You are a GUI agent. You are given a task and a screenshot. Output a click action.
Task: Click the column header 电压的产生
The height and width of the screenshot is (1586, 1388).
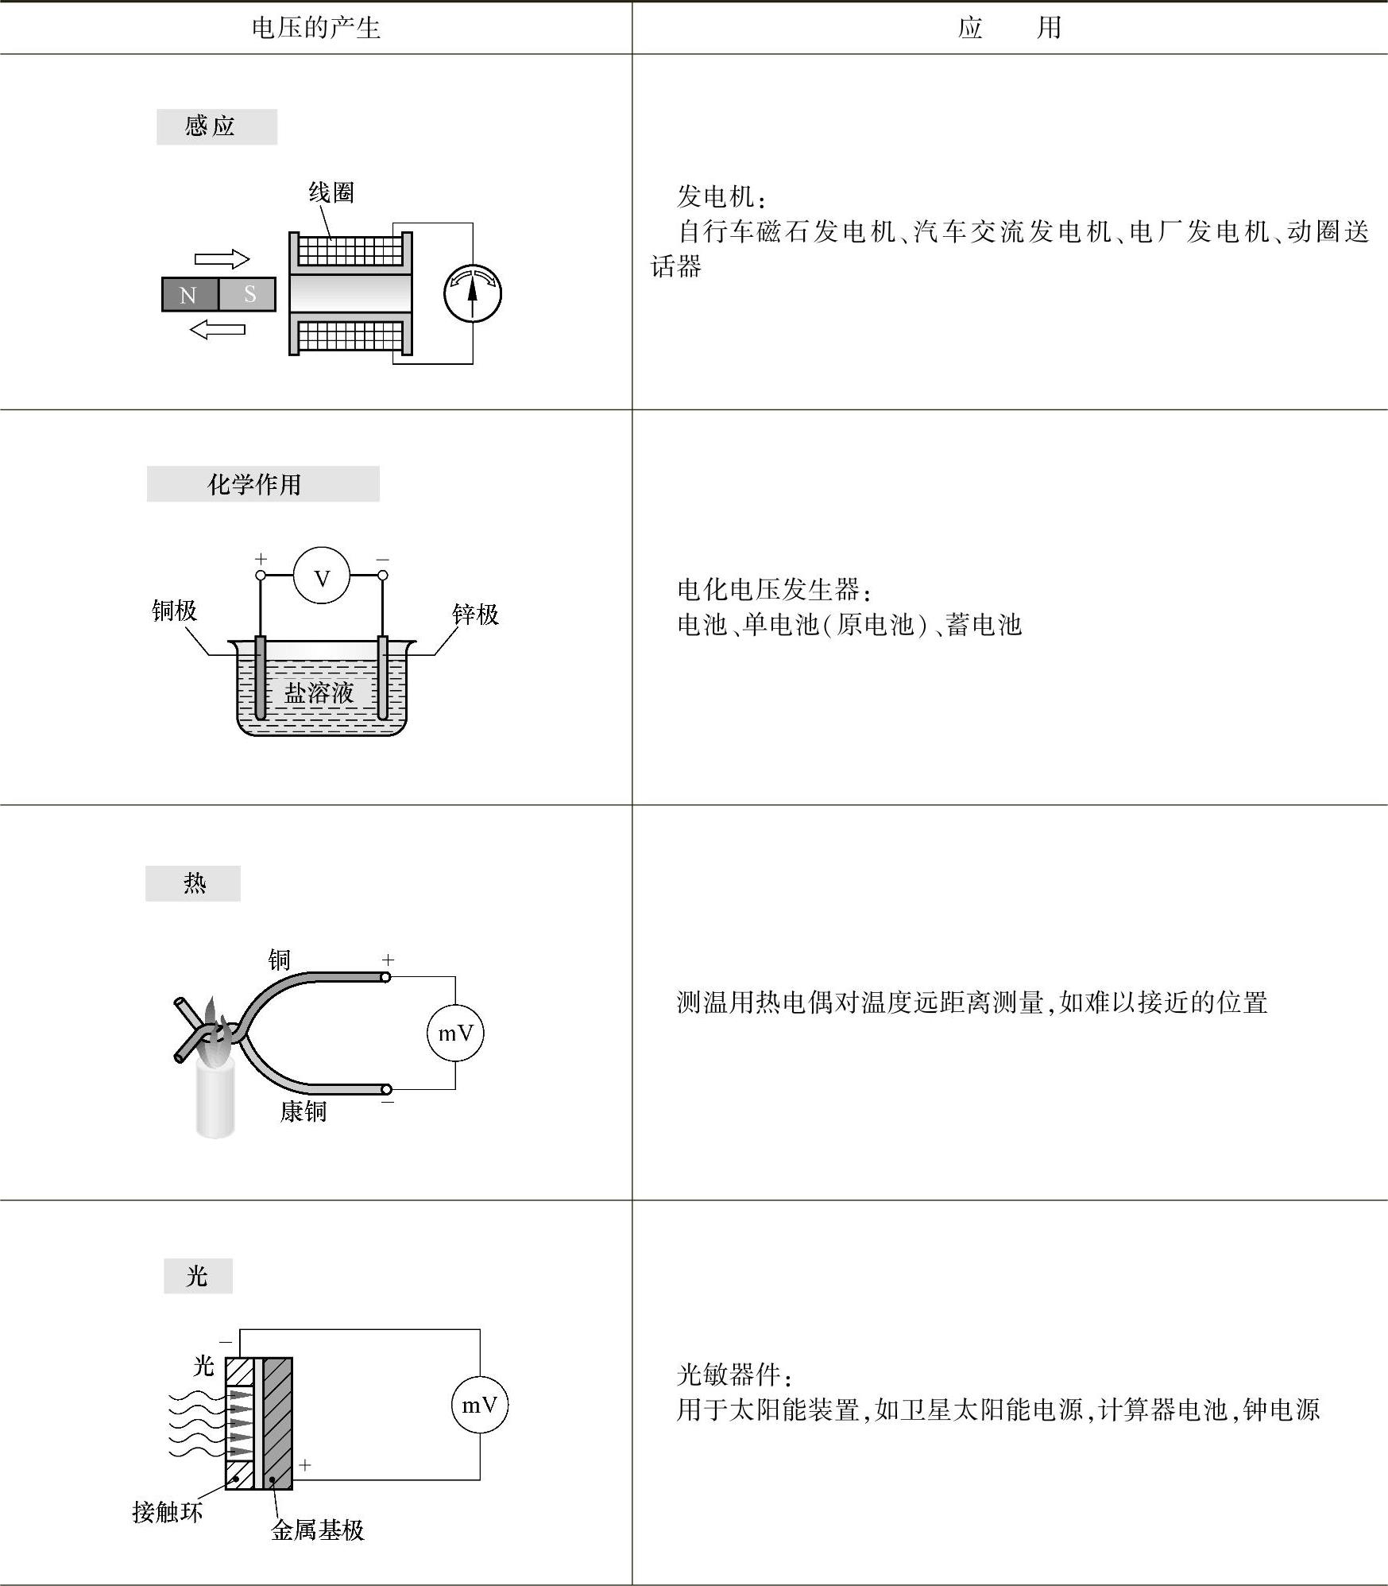pyautogui.click(x=315, y=29)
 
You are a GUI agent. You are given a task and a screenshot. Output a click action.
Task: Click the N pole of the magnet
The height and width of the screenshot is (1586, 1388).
pyautogui.click(x=189, y=295)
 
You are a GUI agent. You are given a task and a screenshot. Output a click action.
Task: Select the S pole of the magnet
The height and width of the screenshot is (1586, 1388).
pyautogui.click(x=248, y=295)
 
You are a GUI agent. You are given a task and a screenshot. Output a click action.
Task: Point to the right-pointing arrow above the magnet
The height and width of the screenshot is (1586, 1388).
pyautogui.click(x=222, y=259)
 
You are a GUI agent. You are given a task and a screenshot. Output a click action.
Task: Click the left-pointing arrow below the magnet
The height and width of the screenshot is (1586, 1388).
pyautogui.click(x=218, y=328)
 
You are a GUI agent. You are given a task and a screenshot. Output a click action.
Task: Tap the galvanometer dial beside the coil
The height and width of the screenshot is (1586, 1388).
pyautogui.click(x=473, y=293)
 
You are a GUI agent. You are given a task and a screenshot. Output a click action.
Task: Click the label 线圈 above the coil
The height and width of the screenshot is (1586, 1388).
pyautogui.click(x=331, y=192)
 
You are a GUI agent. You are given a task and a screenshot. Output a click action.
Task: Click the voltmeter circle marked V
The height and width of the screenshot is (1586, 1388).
pyautogui.click(x=322, y=578)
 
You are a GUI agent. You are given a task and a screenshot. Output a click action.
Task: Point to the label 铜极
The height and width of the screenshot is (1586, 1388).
pyautogui.click(x=174, y=611)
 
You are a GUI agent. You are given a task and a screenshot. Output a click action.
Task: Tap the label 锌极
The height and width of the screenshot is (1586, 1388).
pyautogui.click(x=475, y=614)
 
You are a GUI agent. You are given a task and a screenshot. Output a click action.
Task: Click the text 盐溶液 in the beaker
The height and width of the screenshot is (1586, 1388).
pyautogui.click(x=319, y=692)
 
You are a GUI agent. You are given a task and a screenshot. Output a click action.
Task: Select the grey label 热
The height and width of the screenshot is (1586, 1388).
pyautogui.click(x=193, y=883)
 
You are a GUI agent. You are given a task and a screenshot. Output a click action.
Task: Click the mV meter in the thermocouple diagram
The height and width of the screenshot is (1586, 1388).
pyautogui.click(x=455, y=1033)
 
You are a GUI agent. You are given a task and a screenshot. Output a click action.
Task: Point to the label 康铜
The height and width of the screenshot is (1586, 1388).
pyautogui.click(x=303, y=1111)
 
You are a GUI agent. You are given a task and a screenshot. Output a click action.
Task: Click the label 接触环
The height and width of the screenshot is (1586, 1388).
pyautogui.click(x=167, y=1511)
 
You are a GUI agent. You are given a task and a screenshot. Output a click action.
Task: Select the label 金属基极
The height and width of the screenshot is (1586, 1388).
pyautogui.click(x=317, y=1530)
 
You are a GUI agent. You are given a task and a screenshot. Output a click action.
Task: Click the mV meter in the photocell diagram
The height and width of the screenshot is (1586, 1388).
pyautogui.click(x=480, y=1405)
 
